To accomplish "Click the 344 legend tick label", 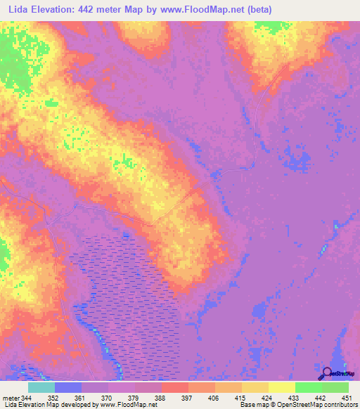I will [x=27, y=398].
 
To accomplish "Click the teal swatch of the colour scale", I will [x=41, y=387].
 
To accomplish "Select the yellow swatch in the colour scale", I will [x=281, y=387].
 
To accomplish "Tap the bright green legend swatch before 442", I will [x=308, y=387].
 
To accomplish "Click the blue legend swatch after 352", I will [x=68, y=387].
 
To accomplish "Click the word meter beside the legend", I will [x=11, y=398].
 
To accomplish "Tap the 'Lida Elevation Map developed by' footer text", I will [x=49, y=405].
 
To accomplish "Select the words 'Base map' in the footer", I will [x=250, y=405].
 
